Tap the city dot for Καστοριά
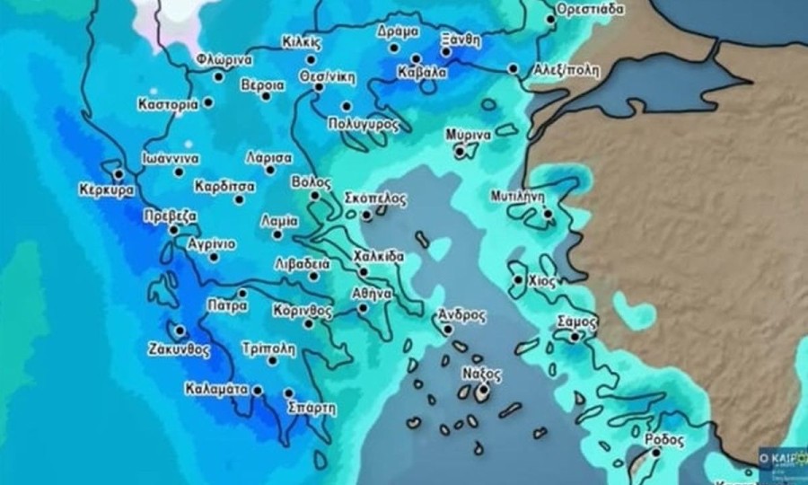click(208, 102)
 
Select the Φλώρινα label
click(224, 60)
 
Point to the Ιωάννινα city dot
click(179, 172)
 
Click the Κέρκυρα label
click(106, 191)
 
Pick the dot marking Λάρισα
click(269, 169)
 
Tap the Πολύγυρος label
click(364, 124)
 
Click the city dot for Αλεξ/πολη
click(512, 68)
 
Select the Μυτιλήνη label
click(519, 194)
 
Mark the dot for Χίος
click(518, 279)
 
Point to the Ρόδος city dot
click(655, 453)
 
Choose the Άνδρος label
click(461, 315)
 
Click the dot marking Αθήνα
click(363, 308)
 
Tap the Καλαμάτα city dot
click(258, 390)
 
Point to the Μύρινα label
click(468, 135)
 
